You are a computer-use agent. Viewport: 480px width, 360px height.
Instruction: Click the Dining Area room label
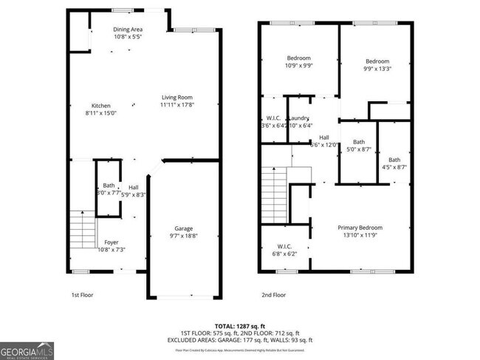pos(128,29)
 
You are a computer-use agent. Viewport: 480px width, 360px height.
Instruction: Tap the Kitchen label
pos(100,105)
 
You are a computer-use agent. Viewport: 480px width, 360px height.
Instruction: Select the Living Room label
pos(177,98)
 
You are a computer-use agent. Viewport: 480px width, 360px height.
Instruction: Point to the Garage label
pos(183,228)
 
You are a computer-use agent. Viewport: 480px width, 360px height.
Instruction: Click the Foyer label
pos(111,242)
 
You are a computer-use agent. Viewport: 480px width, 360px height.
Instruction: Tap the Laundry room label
pos(299,118)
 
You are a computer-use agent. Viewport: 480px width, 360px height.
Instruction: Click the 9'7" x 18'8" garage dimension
pos(183,236)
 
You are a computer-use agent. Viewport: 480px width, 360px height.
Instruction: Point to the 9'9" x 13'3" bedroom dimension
pos(377,69)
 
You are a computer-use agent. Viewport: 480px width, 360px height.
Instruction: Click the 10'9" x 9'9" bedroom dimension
pos(298,66)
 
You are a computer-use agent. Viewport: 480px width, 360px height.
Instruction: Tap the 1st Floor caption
pos(82,294)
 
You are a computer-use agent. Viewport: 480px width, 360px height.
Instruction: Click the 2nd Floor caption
pos(273,294)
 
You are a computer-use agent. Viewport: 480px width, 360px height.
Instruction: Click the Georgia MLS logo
pos(27,350)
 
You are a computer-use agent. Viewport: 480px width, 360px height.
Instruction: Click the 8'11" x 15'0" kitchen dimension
pos(100,113)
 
